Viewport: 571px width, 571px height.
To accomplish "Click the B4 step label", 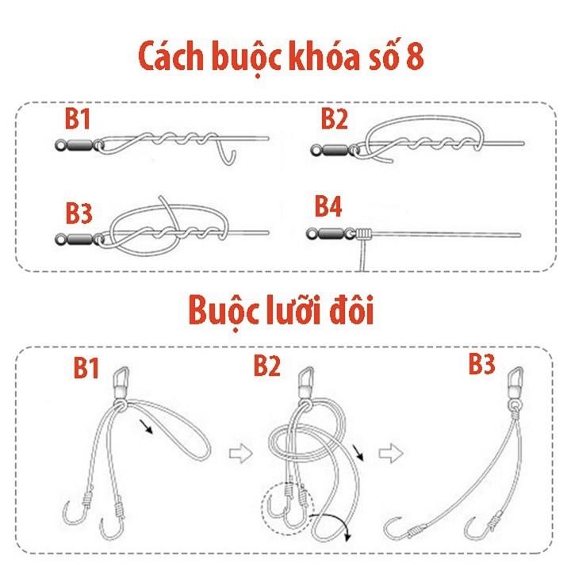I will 328,207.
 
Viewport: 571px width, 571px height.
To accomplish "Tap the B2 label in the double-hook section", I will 268,366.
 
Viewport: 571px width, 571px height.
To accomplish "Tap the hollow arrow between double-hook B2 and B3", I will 388,454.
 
